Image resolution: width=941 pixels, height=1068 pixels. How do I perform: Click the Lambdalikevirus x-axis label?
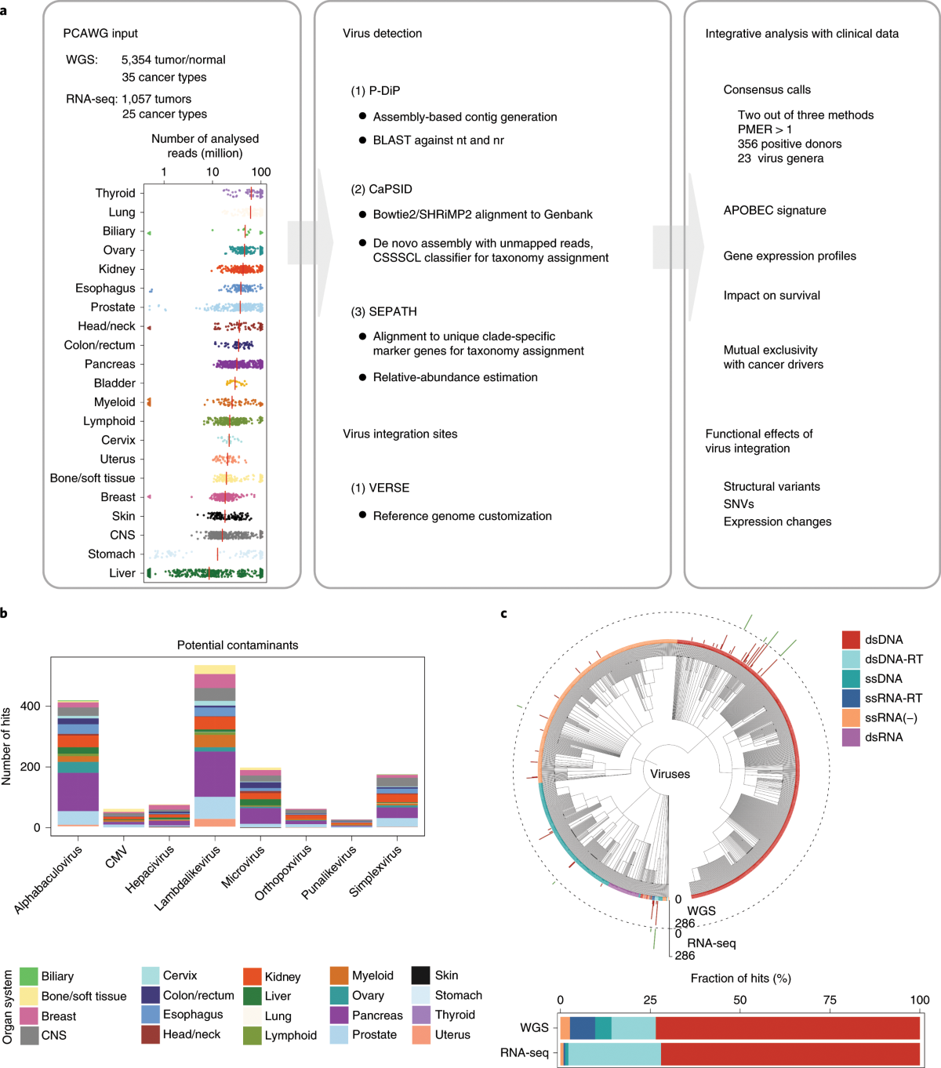click(187, 877)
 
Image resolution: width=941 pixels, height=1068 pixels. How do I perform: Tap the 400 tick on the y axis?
click(31, 706)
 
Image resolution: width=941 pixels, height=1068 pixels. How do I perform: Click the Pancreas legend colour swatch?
click(339, 1015)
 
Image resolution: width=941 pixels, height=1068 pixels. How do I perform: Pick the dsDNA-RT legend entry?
click(882, 659)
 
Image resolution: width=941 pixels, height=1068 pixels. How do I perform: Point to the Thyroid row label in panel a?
click(115, 193)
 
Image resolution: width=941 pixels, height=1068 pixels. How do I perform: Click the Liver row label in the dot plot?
click(122, 573)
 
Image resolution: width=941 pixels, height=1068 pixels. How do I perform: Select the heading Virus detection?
click(382, 34)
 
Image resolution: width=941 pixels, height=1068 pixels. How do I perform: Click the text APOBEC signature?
click(774, 210)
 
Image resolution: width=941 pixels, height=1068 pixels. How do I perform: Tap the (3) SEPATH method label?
click(383, 311)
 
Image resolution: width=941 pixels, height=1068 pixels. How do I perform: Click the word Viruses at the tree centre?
click(670, 774)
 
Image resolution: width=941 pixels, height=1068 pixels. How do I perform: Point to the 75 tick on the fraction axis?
click(830, 1000)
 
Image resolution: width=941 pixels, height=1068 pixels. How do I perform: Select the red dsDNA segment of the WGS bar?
click(787, 1028)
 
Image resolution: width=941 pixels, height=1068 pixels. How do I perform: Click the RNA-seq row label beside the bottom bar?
click(524, 1052)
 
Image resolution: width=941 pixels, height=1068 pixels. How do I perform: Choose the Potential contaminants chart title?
click(238, 645)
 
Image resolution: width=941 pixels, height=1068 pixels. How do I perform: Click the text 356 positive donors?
click(789, 143)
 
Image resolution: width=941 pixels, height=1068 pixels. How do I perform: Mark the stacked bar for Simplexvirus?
click(397, 801)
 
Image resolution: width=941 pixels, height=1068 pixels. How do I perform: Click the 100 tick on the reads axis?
click(261, 172)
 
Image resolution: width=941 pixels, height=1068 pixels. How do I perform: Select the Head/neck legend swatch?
click(151, 1034)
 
